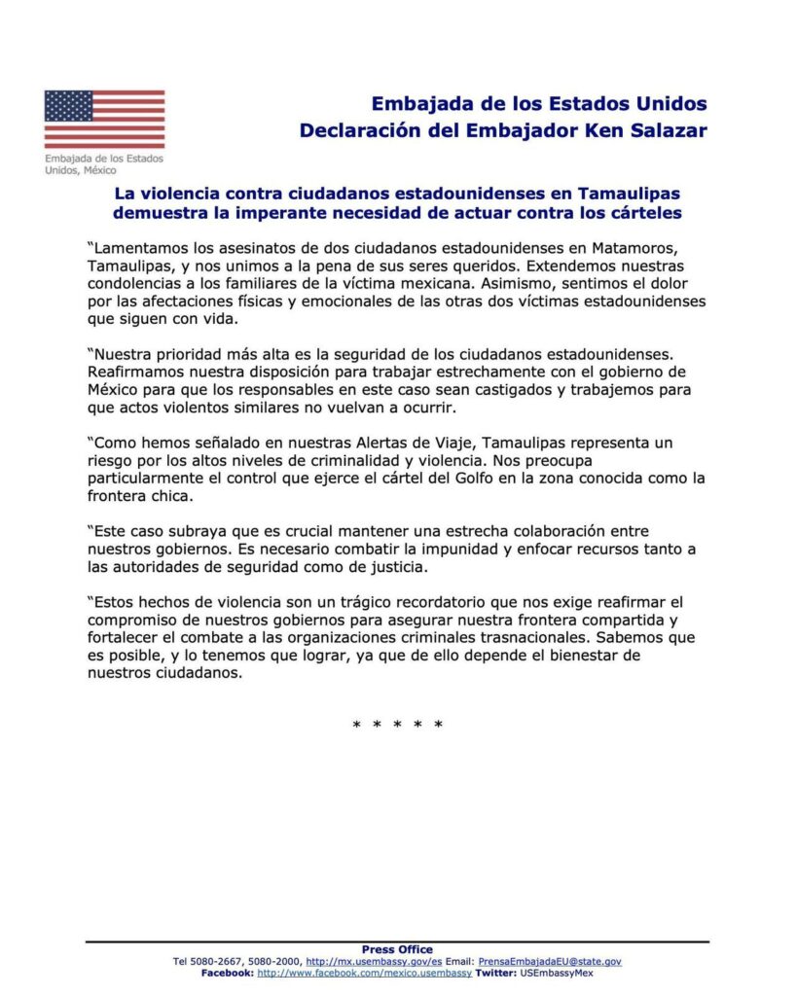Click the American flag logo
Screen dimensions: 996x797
coord(104,119)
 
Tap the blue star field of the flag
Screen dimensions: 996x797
coord(68,105)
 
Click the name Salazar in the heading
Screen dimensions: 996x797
coord(661,130)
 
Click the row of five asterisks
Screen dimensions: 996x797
coord(397,726)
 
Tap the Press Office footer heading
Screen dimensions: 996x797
coord(397,949)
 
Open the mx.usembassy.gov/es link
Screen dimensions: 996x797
coord(375,961)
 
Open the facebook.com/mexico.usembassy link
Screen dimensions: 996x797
coord(364,972)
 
